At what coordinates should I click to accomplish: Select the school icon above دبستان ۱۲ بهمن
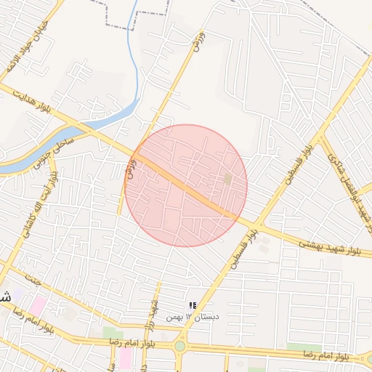click(193, 305)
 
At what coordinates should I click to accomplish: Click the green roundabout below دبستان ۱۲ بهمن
click(179, 345)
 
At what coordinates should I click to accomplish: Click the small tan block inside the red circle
click(227, 178)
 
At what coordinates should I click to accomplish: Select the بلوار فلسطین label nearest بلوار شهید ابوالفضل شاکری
click(300, 164)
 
